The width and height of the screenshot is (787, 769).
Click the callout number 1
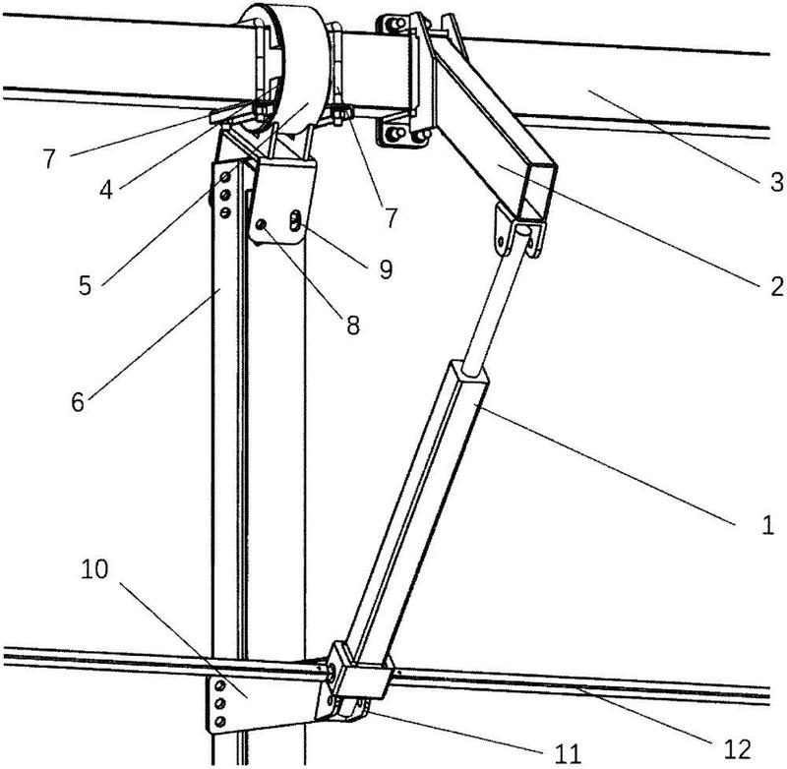pyautogui.click(x=767, y=525)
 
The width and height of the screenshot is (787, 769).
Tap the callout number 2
pyautogui.click(x=776, y=287)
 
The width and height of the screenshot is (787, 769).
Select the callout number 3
pyautogui.click(x=776, y=182)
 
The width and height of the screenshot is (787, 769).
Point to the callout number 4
pyautogui.click(x=106, y=190)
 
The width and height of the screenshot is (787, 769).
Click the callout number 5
pyautogui.click(x=85, y=285)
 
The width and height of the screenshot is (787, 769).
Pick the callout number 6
pyautogui.click(x=78, y=402)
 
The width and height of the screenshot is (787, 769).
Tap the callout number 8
pyautogui.click(x=353, y=325)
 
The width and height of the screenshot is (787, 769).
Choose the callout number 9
pyautogui.click(x=386, y=269)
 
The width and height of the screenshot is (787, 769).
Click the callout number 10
pyautogui.click(x=94, y=569)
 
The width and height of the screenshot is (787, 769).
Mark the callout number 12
pyautogui.click(x=738, y=749)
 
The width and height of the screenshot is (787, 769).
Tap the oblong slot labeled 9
pyautogui.click(x=296, y=220)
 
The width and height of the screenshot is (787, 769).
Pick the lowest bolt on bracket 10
pyautogui.click(x=219, y=722)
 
